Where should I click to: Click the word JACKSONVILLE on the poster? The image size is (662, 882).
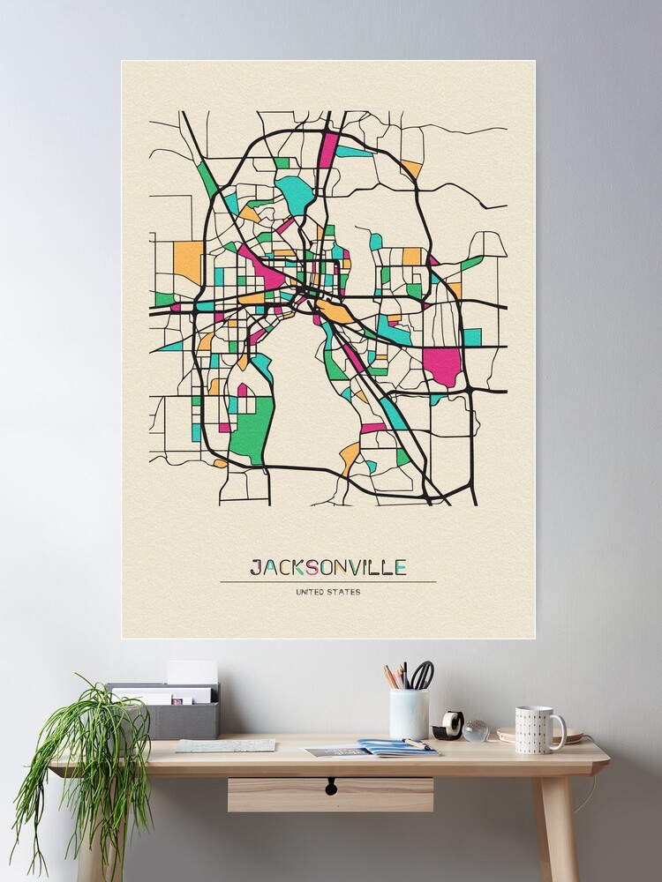(327, 566)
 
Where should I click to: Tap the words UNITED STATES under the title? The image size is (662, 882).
(327, 592)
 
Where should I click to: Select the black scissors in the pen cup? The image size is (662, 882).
(423, 675)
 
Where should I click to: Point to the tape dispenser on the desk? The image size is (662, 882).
(448, 726)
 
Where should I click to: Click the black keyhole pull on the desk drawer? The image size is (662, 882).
(331, 785)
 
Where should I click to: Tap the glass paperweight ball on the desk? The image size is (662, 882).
(476, 730)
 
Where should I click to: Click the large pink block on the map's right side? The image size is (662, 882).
(441, 366)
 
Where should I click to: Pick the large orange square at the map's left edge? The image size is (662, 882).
(187, 260)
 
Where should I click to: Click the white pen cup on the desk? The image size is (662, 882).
(409, 714)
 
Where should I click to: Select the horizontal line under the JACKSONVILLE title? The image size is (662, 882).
(327, 582)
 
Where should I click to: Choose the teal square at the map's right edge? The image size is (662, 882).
(473, 337)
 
